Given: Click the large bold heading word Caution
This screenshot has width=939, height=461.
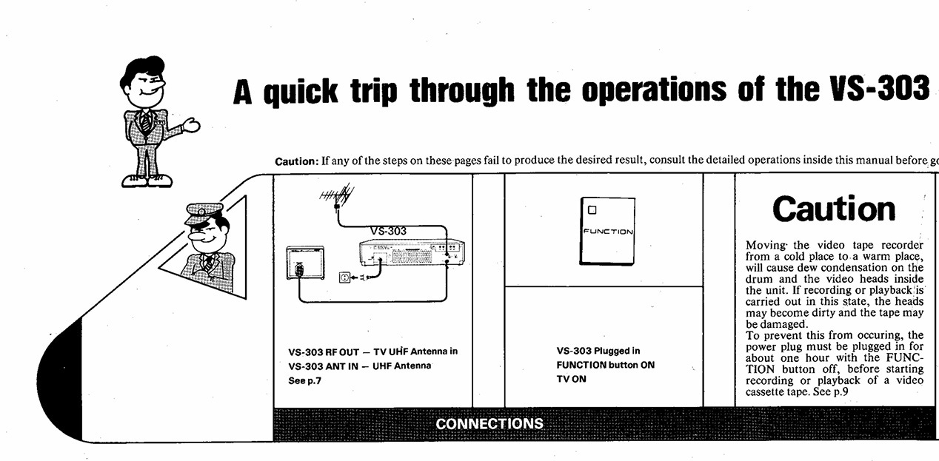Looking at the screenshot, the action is point(833,209).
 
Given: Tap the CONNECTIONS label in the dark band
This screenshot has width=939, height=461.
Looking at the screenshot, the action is point(489,424).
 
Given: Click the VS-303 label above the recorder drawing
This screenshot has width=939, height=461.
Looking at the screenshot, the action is point(387,230).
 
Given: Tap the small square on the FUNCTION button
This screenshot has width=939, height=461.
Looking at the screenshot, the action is point(592,209).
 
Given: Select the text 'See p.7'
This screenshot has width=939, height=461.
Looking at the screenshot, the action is point(305,380).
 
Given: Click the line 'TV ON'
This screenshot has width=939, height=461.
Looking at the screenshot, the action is point(571,379).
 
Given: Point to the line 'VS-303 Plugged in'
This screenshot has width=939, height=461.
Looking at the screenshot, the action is point(598,351).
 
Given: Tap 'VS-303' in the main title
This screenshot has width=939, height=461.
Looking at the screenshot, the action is point(877,90).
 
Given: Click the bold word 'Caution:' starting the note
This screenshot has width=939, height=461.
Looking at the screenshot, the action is point(297,161).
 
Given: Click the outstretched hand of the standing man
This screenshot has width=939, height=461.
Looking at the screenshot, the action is point(191,126).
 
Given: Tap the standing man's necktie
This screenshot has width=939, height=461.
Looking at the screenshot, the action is point(147,121).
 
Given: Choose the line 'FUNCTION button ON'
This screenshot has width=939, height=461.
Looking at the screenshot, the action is point(605,365).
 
